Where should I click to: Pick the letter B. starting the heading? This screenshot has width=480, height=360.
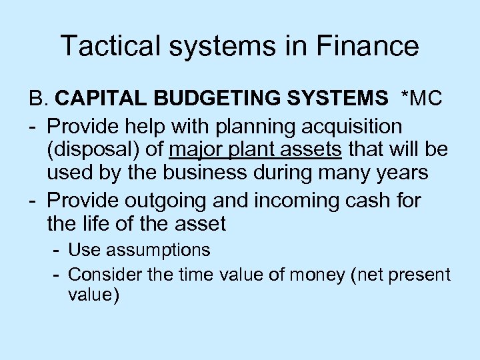pyautogui.click(x=38, y=100)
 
